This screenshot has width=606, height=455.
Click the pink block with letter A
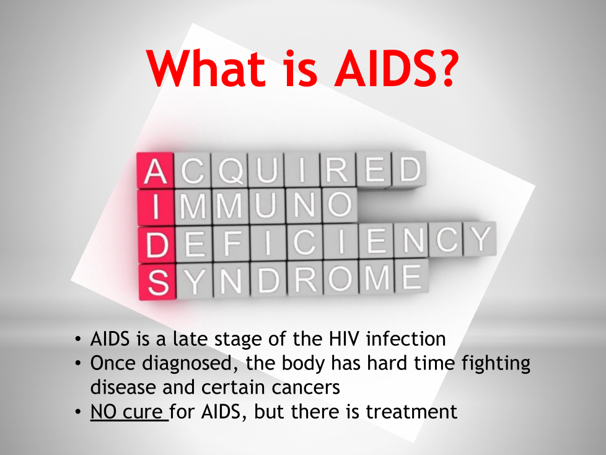tap(156, 170)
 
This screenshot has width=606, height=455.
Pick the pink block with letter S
tap(157, 282)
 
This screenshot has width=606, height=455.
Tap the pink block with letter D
tap(157, 245)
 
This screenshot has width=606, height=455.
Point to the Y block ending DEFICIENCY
tap(480, 239)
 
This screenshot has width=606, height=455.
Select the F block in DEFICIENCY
tap(231, 244)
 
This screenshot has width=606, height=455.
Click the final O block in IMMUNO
tap(340, 205)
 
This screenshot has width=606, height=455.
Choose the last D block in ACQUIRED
tap(409, 169)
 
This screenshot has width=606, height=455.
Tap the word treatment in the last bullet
tap(411, 412)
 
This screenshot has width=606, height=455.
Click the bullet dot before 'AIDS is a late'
tap(78, 340)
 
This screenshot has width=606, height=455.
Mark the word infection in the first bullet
tap(406, 339)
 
